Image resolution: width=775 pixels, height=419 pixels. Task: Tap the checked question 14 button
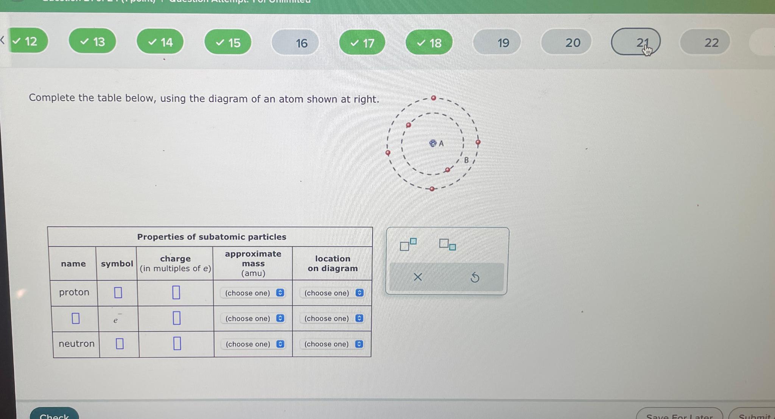point(160,42)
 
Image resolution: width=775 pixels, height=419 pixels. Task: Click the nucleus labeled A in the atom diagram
point(433,143)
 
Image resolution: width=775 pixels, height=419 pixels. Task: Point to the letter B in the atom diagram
point(466,160)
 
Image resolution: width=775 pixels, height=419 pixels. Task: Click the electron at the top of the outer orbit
point(434,98)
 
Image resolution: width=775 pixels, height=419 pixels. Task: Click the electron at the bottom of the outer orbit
point(432,188)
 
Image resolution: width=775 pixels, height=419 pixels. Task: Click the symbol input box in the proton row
point(118,293)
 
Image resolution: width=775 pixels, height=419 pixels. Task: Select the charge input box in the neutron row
point(177,344)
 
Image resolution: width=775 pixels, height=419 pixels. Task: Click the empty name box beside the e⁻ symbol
point(76,318)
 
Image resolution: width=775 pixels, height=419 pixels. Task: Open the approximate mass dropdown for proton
point(253,293)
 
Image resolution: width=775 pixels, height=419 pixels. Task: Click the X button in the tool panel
point(418,277)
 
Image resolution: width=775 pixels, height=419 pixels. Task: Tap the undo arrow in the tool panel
point(475,277)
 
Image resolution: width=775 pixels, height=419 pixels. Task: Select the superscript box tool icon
point(408,245)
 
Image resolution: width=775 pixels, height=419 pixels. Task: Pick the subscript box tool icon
point(447,244)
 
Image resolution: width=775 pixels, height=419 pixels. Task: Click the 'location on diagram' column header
point(332,263)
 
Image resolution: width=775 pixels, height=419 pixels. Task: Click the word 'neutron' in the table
point(76,344)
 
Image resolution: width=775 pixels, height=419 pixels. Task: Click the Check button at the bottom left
point(54,415)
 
